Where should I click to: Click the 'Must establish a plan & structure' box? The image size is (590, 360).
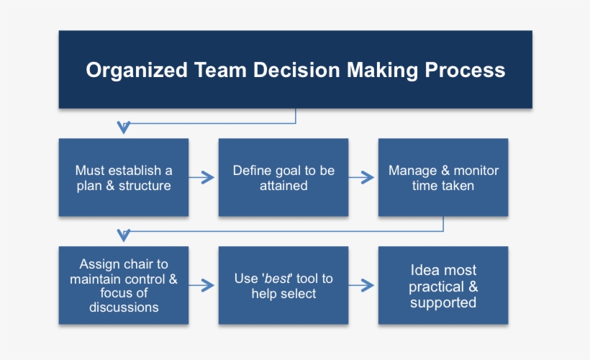(x=124, y=178)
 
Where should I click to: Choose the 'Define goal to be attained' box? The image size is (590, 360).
(x=283, y=178)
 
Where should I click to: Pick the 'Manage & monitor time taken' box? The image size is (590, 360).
(x=443, y=178)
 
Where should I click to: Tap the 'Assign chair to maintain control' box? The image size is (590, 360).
(x=124, y=285)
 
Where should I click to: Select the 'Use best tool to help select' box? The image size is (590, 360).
(x=283, y=285)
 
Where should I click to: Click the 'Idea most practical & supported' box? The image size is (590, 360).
(x=443, y=285)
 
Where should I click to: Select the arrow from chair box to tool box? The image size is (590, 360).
(x=204, y=286)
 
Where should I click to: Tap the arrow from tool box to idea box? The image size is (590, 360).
(x=363, y=286)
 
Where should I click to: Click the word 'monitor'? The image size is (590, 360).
(x=475, y=171)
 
